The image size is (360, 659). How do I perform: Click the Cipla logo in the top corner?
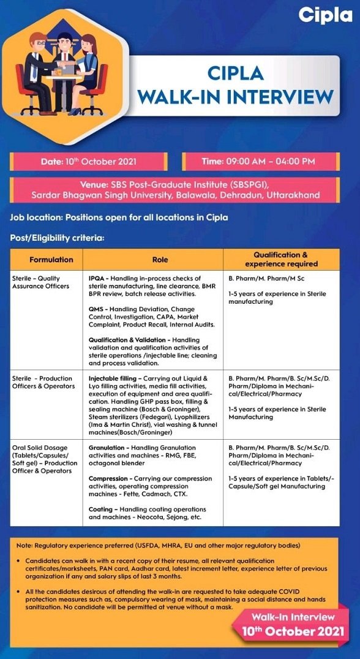click(x=324, y=15)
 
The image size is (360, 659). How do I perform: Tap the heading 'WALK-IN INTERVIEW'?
click(x=236, y=96)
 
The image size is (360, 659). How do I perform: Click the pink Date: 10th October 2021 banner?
click(x=88, y=162)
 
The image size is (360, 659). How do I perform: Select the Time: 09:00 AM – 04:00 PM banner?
click(x=258, y=162)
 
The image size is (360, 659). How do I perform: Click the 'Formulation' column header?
click(x=51, y=259)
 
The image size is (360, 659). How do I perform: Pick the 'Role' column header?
click(x=160, y=259)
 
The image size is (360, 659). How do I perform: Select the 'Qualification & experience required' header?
click(x=281, y=259)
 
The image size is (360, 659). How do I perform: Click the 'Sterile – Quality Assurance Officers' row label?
click(x=41, y=282)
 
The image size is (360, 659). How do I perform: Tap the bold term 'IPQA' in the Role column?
click(x=98, y=277)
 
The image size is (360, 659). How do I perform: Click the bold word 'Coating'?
click(x=100, y=510)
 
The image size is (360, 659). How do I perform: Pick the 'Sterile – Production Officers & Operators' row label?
click(x=43, y=382)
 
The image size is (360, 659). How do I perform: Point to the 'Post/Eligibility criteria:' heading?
click(x=57, y=237)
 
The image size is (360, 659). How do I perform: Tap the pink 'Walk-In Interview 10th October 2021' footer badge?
click(x=294, y=623)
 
